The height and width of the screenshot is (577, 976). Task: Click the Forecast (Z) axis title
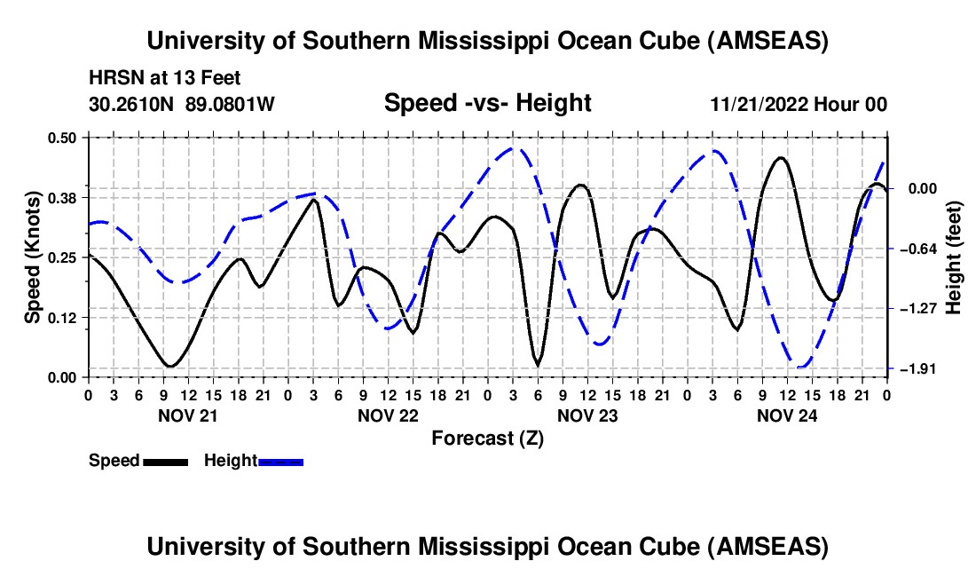tap(487, 438)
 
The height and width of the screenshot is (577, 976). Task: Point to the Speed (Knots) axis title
tap(32, 257)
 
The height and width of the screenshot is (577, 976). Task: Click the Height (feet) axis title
tap(954, 257)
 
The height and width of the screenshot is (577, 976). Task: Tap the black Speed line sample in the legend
tap(164, 461)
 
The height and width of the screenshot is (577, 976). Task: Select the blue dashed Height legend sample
tap(280, 461)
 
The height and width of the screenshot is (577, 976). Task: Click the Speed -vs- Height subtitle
tap(487, 103)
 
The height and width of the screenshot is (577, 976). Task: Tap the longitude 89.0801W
tap(230, 105)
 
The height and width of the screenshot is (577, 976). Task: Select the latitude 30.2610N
tap(132, 105)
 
